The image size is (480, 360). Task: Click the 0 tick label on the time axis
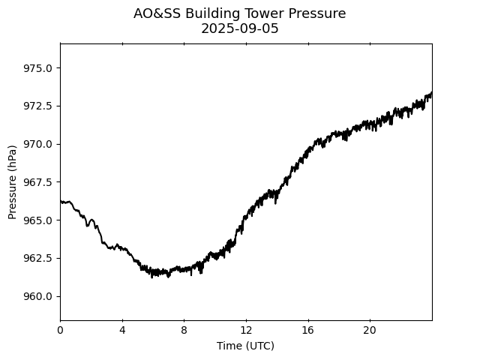coord(60,330)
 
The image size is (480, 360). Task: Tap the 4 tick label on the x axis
coord(122,330)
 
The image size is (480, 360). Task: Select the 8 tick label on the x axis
coord(184,330)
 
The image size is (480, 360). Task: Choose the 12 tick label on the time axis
coord(246,330)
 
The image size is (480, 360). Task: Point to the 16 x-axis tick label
coord(307,330)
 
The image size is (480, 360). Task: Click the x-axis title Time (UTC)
coord(245,346)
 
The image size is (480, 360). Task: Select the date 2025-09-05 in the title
coord(240,28)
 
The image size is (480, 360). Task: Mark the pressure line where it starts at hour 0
coord(61,201)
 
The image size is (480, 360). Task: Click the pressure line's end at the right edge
coord(431,93)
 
